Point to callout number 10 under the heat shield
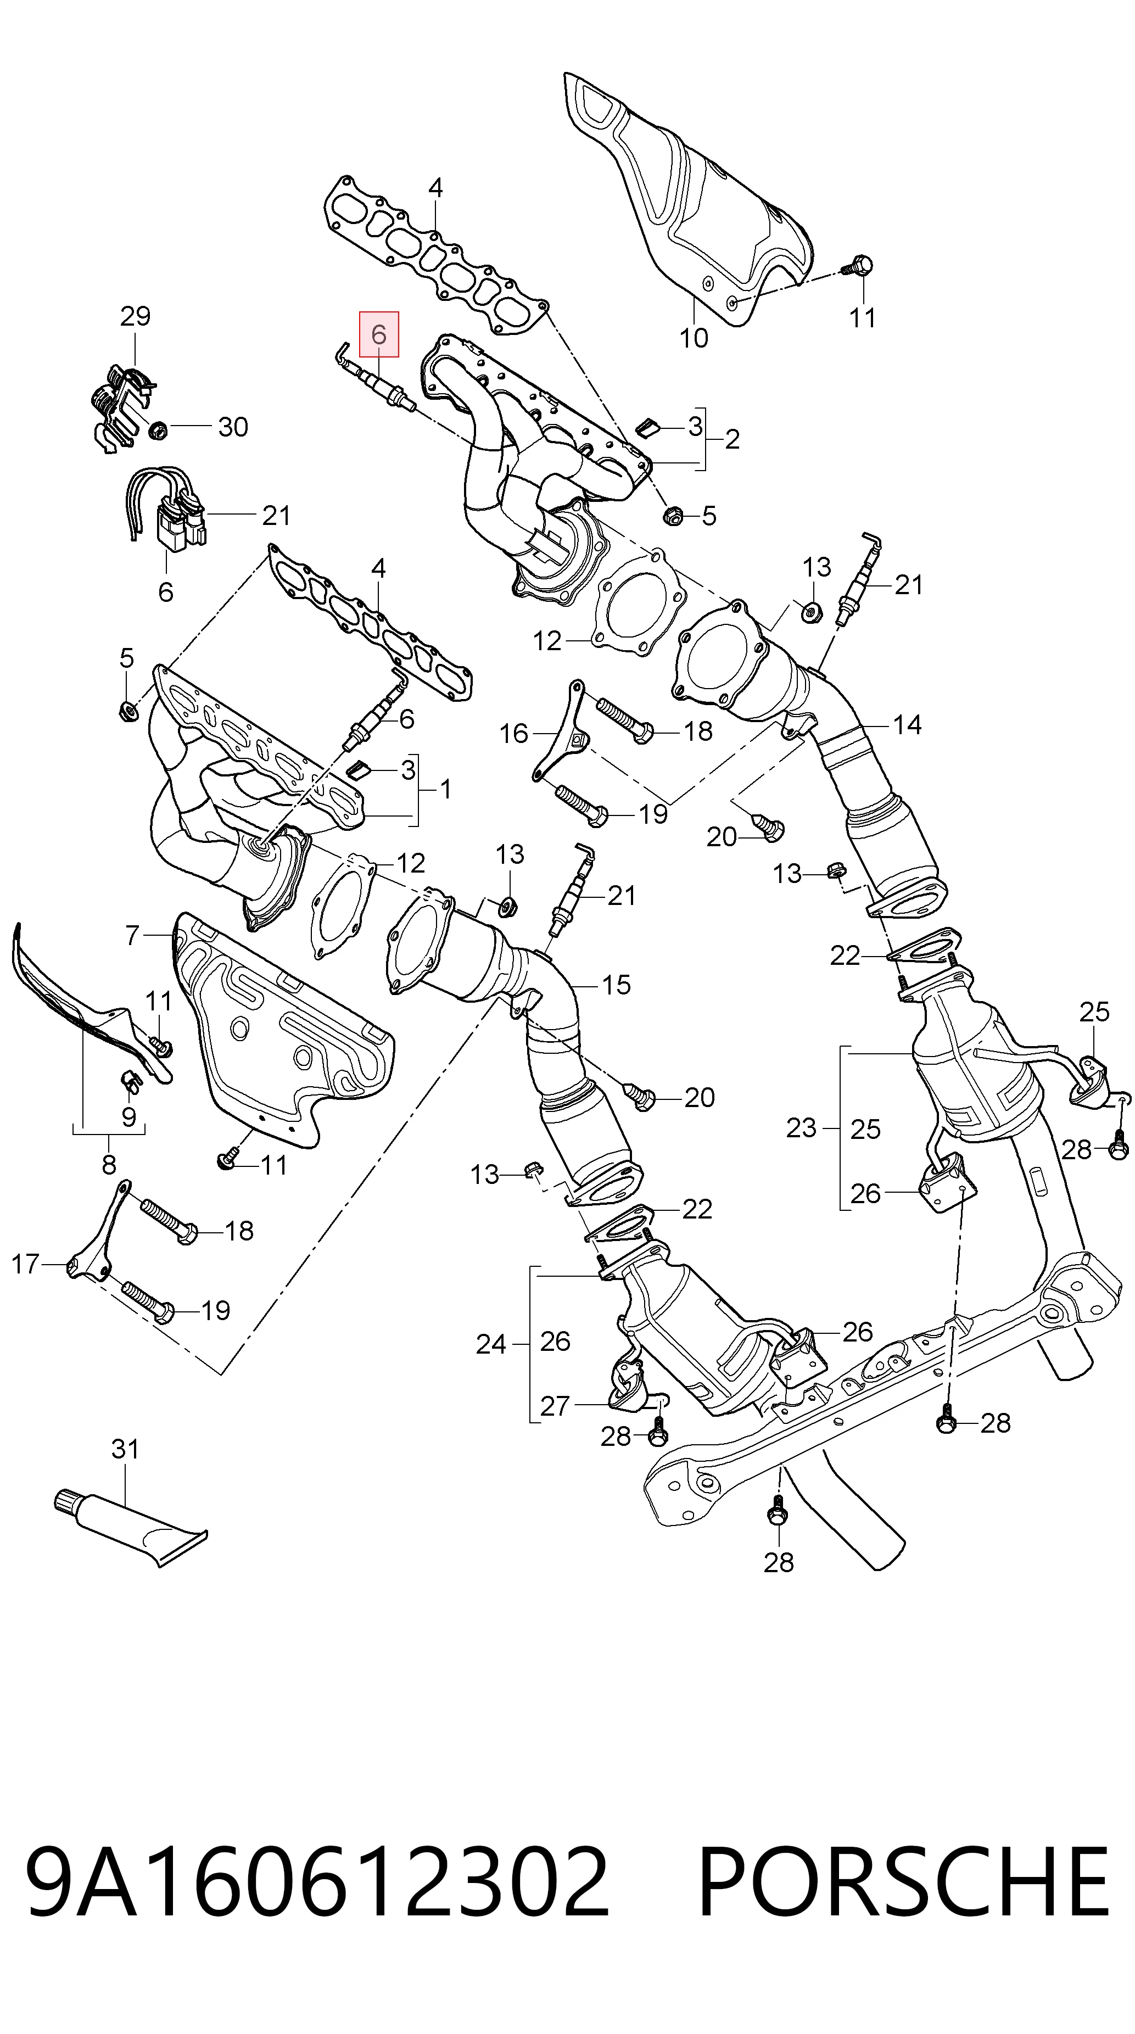coord(694,338)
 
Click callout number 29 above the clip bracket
coord(135,316)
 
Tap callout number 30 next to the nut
coord(233,427)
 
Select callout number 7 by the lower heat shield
coord(132,936)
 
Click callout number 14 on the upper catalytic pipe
coord(907,724)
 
